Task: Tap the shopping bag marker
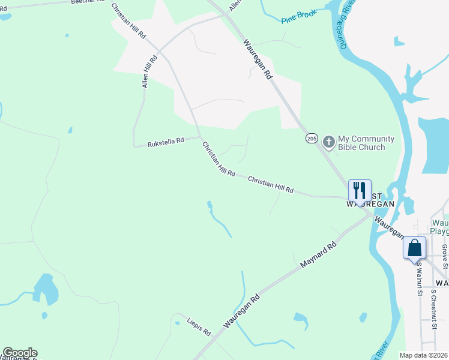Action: click(x=415, y=247)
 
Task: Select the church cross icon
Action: click(x=328, y=142)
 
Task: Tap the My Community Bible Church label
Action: click(x=366, y=143)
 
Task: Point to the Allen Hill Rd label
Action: click(x=149, y=72)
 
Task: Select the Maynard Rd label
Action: click(x=318, y=256)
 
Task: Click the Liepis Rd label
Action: click(x=199, y=326)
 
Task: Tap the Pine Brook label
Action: click(x=299, y=17)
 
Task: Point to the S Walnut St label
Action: click(x=418, y=279)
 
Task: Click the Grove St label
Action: click(x=444, y=256)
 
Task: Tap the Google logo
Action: click(x=20, y=353)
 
